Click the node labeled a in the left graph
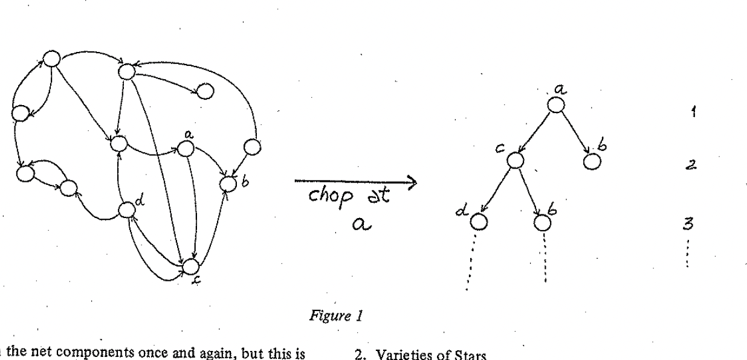pos(186,148)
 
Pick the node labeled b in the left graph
pos(227,182)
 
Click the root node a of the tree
pos(556,104)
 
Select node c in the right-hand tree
pos(514,160)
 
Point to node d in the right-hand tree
pos(478,222)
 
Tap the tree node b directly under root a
pos(592,162)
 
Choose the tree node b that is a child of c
pos(542,222)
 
